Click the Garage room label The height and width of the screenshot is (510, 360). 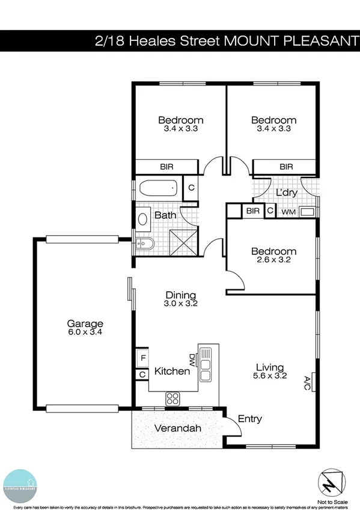tap(85, 324)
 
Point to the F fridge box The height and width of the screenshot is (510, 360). tap(142, 357)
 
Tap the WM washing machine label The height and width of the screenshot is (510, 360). tap(288, 212)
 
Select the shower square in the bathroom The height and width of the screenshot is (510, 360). tap(183, 242)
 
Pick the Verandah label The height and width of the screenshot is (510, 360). tap(177, 429)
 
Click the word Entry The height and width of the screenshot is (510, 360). tap(250, 419)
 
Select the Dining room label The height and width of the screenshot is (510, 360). tap(181, 295)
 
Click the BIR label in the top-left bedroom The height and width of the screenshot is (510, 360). tap(166, 167)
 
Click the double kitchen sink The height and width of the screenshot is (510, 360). tap(206, 363)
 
